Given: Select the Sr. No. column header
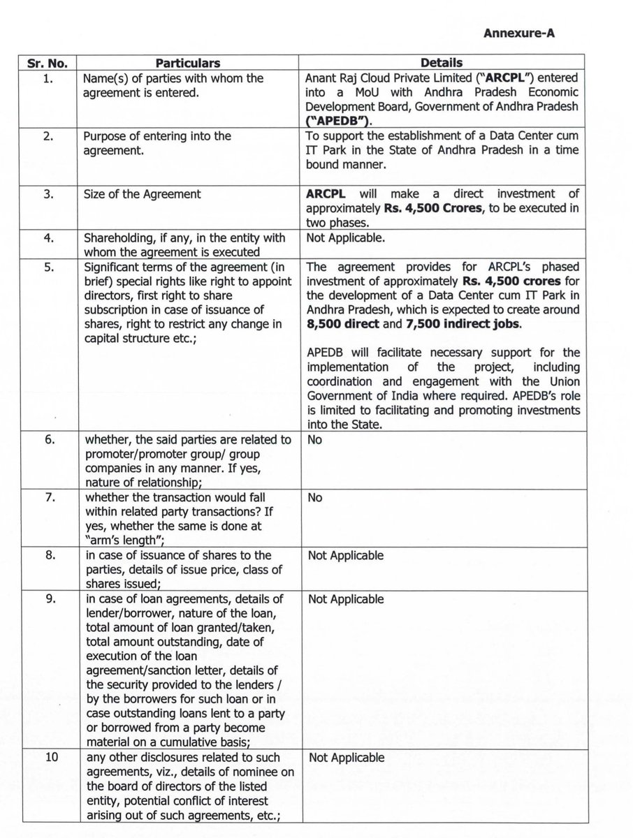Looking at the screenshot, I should click(x=43, y=64).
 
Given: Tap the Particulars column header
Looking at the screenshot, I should click(x=187, y=64).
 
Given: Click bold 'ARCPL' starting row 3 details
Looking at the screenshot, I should click(x=326, y=193).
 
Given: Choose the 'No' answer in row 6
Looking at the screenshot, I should click(x=314, y=441).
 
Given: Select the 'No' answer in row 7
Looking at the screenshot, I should click(x=314, y=499).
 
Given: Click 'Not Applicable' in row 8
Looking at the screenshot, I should click(x=346, y=556).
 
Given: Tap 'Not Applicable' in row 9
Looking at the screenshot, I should click(x=346, y=599).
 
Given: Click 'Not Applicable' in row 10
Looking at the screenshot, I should click(x=346, y=758).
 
